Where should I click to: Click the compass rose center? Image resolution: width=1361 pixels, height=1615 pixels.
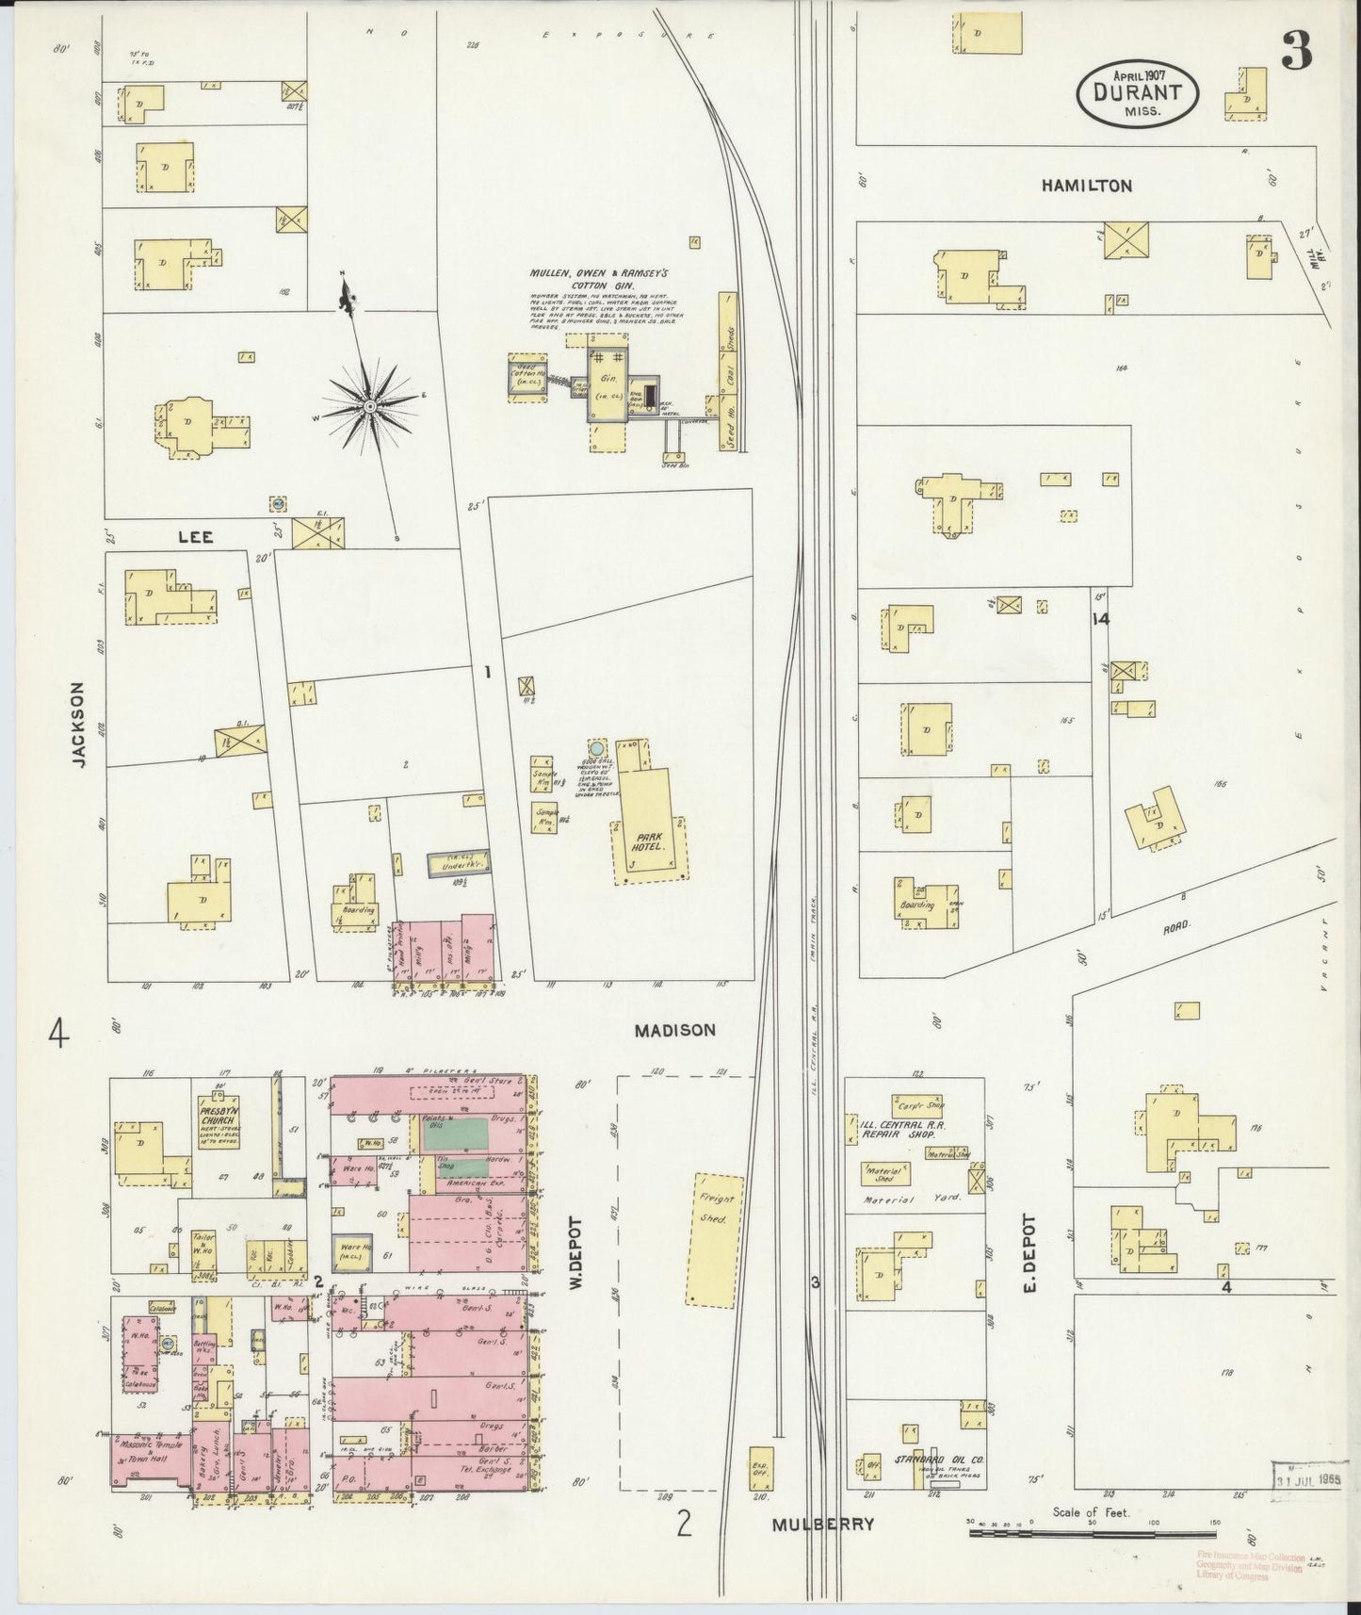tap(370, 405)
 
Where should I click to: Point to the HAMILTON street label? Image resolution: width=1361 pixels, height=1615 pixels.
tap(1086, 186)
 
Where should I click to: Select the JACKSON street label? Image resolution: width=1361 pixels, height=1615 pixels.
tap(79, 726)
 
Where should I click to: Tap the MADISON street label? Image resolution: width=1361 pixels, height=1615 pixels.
tap(674, 1031)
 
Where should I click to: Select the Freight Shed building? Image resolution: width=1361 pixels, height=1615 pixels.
tap(713, 1240)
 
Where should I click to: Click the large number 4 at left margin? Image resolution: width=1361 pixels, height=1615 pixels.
tap(58, 1037)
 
